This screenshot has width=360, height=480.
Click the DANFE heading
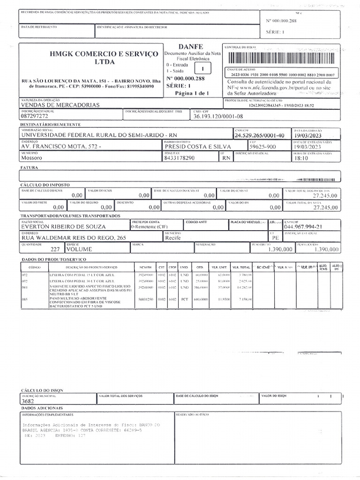190,47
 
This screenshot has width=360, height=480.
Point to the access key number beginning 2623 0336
282,75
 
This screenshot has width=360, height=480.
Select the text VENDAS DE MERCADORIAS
60,105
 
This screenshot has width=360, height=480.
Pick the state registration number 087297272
35,115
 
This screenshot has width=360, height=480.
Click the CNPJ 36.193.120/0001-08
218,115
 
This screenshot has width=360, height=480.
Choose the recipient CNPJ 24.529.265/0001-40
260,135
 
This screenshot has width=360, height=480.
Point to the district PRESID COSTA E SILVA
192,146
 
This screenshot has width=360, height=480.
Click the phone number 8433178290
180,158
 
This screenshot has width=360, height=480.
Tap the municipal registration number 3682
28,401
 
